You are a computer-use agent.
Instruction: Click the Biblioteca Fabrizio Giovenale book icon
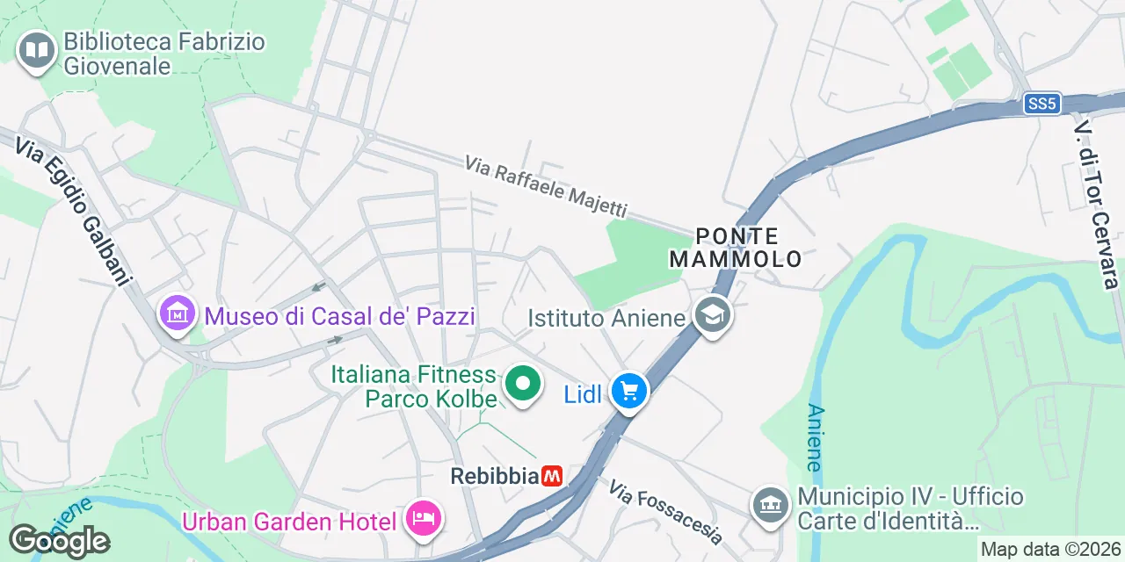click(36, 51)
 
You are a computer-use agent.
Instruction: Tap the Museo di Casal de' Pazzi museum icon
click(177, 313)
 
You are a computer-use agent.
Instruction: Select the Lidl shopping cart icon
click(629, 391)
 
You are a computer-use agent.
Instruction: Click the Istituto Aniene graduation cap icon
click(712, 314)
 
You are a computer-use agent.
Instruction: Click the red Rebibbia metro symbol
click(552, 476)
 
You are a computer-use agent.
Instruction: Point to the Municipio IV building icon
click(771, 504)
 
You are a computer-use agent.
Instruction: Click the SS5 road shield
click(1042, 104)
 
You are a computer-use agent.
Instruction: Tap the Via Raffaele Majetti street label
click(546, 187)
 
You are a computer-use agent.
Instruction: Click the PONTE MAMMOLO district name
click(736, 248)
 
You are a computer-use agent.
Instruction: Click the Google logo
click(59, 540)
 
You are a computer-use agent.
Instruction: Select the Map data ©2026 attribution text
click(1050, 550)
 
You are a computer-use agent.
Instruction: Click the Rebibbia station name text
click(493, 476)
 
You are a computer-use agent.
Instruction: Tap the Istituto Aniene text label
click(606, 317)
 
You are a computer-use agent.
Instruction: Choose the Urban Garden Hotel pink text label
click(289, 522)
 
